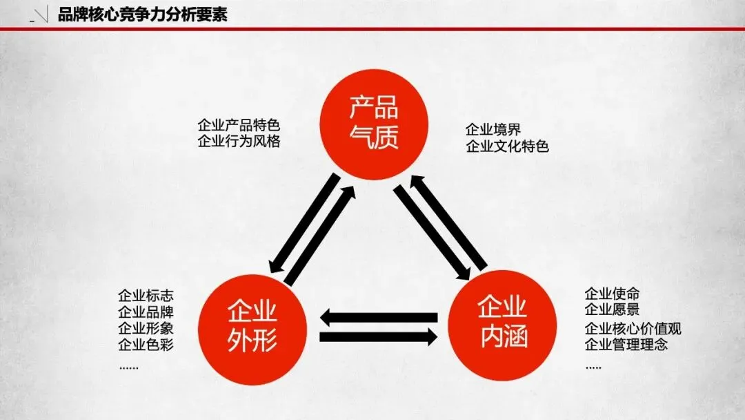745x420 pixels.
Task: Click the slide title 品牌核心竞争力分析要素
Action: pos(143,15)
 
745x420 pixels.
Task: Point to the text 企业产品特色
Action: pos(239,126)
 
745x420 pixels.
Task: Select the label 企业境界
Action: pos(493,129)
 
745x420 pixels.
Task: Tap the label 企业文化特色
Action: pos(507,146)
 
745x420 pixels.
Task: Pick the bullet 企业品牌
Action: pos(146,312)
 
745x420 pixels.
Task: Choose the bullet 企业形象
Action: pos(146,327)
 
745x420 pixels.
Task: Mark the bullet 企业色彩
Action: pos(146,343)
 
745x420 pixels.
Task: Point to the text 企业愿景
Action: pos(612,310)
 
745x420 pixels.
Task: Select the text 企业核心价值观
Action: pos(633,328)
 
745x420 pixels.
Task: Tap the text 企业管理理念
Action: pos(626,344)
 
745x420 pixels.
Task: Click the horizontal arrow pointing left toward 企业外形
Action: pos(379,318)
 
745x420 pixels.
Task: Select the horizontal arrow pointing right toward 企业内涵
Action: pos(379,337)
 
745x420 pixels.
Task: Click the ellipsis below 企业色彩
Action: pos(129,367)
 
